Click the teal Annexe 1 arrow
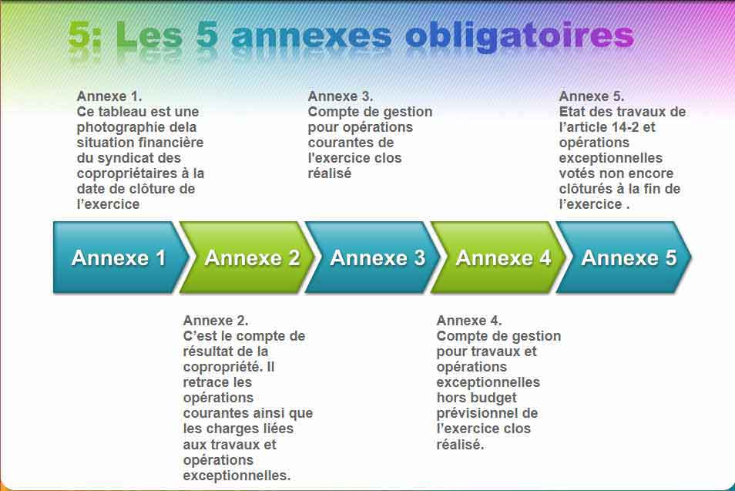point(119,257)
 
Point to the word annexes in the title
point(312,35)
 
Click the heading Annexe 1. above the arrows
point(109,96)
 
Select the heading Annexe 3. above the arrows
point(341,96)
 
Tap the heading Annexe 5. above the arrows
point(592,96)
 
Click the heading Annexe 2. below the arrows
point(216,321)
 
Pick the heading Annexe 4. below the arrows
point(469,321)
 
